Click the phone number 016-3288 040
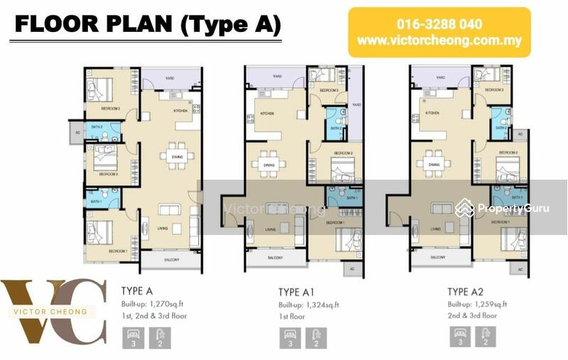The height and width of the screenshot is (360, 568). click(x=439, y=23)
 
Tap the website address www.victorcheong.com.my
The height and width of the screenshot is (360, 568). click(x=439, y=40)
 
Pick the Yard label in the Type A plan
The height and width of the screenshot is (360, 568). click(x=170, y=79)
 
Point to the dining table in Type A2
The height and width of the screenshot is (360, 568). click(x=433, y=164)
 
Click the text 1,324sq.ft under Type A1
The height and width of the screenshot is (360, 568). click(x=317, y=305)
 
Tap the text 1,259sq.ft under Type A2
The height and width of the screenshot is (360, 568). click(x=487, y=304)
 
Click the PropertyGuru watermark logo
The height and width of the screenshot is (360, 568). click(x=505, y=208)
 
